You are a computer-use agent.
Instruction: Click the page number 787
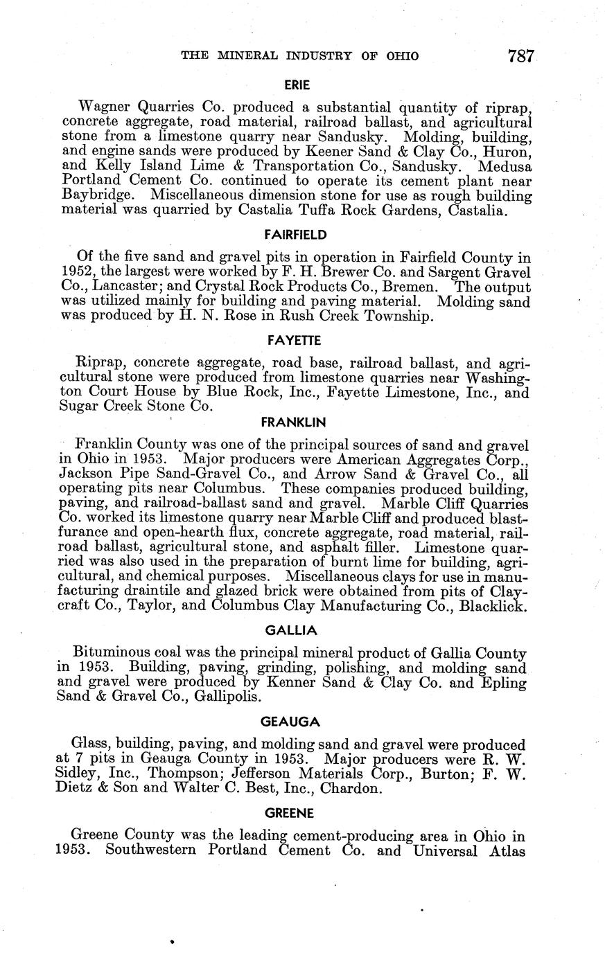click(522, 55)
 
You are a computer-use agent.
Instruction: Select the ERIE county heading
click(297, 85)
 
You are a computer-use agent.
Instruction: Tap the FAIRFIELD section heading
click(296, 235)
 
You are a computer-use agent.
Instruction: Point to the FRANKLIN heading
click(293, 422)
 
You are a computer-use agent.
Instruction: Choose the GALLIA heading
click(291, 630)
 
